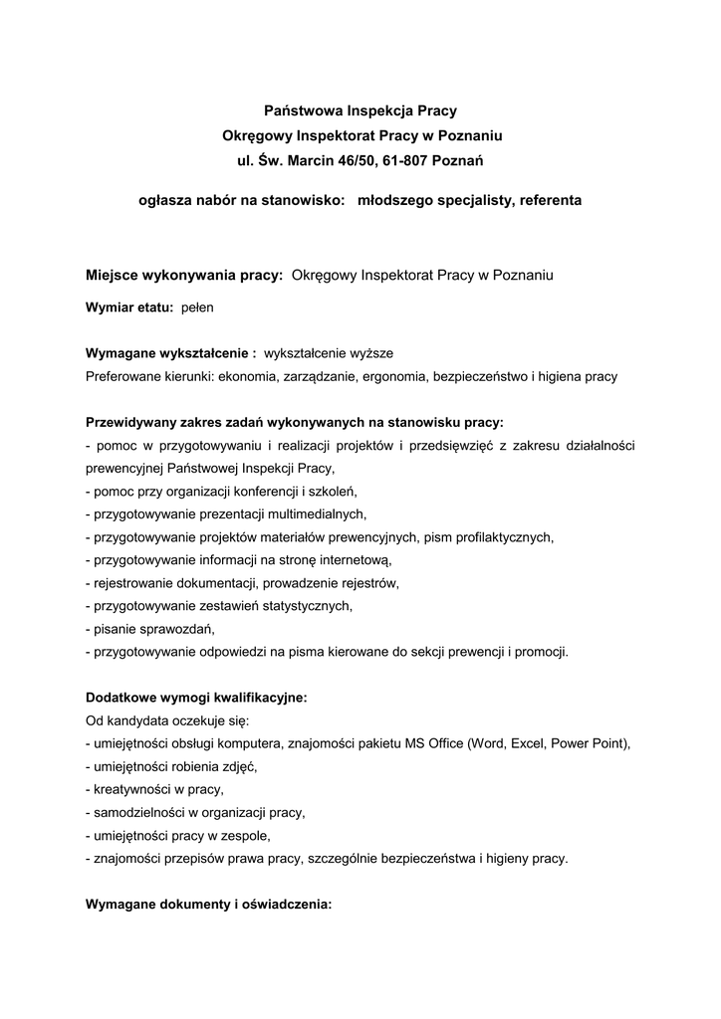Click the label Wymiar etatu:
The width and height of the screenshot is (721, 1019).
(129, 308)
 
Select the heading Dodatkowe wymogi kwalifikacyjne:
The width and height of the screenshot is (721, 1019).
(196, 698)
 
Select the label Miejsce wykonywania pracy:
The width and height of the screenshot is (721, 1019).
(185, 274)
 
